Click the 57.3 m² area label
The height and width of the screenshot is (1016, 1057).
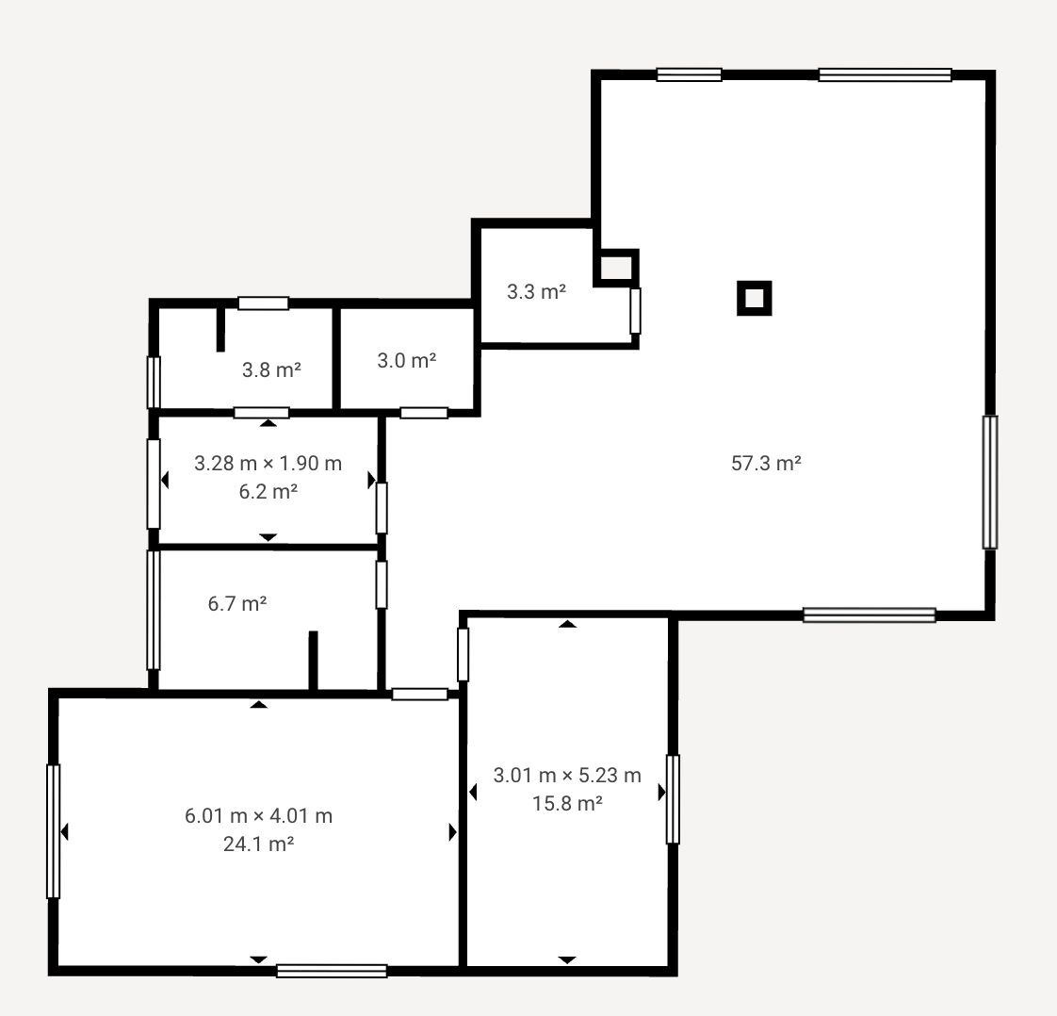tap(766, 463)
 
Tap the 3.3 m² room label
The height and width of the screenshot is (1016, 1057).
tap(536, 291)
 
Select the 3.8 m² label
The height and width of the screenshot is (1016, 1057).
tap(271, 369)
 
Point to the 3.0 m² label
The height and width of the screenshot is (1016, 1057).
tap(406, 360)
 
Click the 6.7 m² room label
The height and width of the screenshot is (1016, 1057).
tap(237, 603)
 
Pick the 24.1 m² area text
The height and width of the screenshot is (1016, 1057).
tap(258, 844)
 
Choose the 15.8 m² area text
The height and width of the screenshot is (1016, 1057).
tap(567, 803)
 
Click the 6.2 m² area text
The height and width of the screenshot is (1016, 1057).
tap(268, 491)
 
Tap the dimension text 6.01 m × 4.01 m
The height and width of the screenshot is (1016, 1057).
tap(258, 816)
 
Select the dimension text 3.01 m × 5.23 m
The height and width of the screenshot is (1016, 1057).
tap(567, 776)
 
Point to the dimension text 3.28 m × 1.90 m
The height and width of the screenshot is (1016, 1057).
tap(268, 463)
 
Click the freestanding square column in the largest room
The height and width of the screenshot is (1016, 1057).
tap(755, 298)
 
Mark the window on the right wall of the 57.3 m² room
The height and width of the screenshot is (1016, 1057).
tap(989, 482)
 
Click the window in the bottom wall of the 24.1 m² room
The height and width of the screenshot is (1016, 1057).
tap(332, 971)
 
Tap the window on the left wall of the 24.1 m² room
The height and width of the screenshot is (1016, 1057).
tap(54, 831)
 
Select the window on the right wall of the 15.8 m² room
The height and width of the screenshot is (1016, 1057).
tap(673, 799)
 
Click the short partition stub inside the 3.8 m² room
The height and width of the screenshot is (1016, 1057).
tap(220, 329)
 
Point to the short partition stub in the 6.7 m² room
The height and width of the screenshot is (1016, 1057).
tap(313, 661)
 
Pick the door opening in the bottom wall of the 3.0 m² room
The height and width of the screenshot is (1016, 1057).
tap(424, 413)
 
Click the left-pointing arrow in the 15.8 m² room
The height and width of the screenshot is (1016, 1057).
tap(473, 793)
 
